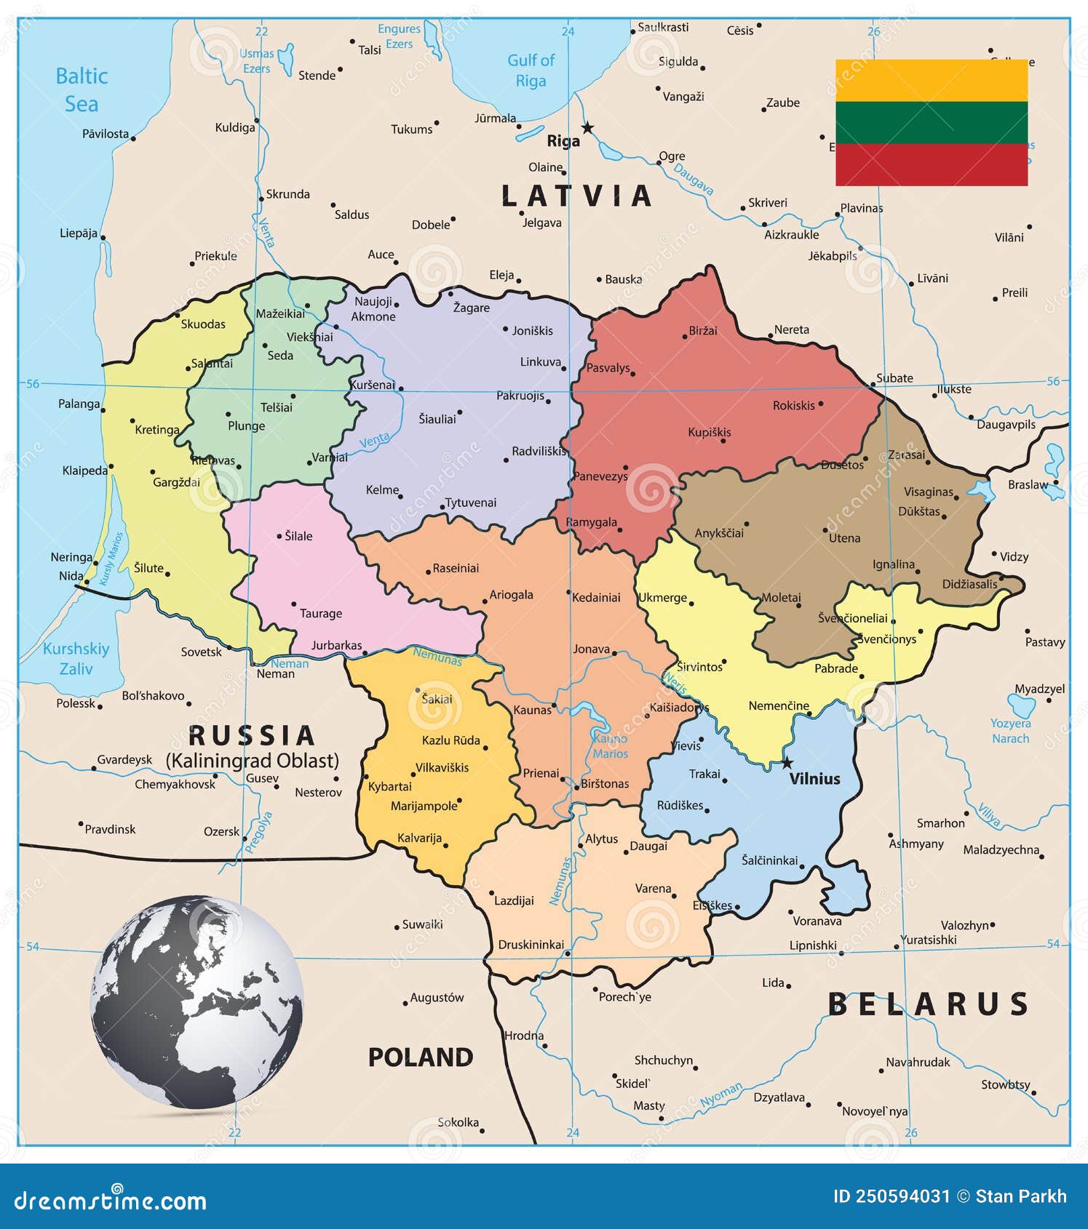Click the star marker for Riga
point(587,128)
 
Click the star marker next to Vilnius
point(787,763)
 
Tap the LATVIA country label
point(576,196)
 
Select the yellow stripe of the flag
point(931,80)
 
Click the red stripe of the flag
point(931,164)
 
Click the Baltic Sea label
point(81,89)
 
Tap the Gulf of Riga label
point(531,71)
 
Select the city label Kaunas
point(532,710)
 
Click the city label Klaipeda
point(84,471)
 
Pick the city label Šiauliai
point(437,419)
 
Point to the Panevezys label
point(600,476)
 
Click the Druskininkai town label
point(531,945)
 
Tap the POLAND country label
point(420,1057)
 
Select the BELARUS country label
point(928,1004)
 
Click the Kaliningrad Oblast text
point(252,761)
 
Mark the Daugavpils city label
point(1005,425)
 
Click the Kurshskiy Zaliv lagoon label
point(76,658)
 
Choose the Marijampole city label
point(424,806)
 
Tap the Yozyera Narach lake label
point(1010,731)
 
